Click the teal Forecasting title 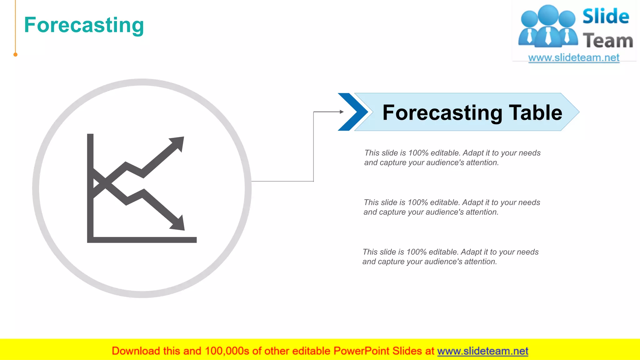[84, 25]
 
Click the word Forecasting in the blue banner [442, 113]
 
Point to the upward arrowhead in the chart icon [178, 143]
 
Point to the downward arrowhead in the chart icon [179, 224]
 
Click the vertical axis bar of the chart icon [90, 187]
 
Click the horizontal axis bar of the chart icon [142, 240]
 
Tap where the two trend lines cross [106, 183]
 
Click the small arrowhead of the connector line [342, 112]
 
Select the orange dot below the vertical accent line [15, 55]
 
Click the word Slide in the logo [605, 17]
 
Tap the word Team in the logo [607, 41]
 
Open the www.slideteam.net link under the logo [574, 58]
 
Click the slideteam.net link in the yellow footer [482, 351]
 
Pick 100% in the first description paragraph [418, 153]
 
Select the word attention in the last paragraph [480, 262]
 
